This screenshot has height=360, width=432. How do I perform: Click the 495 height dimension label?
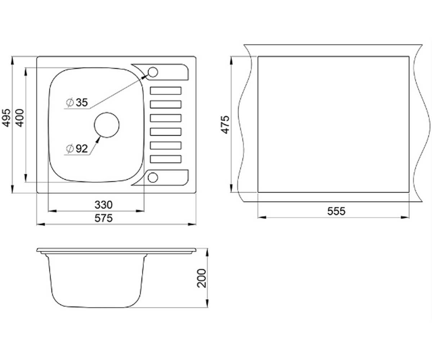pyautogui.click(x=6, y=118)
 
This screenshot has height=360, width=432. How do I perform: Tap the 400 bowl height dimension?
pyautogui.click(x=20, y=118)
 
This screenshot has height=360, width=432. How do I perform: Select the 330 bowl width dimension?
pyautogui.click(x=103, y=205)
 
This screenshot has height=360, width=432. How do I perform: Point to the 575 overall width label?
pyautogui.click(x=103, y=218)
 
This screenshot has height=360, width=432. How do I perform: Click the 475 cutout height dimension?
pyautogui.click(x=225, y=125)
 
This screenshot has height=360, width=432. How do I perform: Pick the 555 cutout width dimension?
pyautogui.click(x=336, y=211)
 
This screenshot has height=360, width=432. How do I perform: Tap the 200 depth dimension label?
pyautogui.click(x=202, y=278)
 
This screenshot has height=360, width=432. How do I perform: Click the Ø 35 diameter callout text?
pyautogui.click(x=77, y=102)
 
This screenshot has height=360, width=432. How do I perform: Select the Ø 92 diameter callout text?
pyautogui.click(x=77, y=149)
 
